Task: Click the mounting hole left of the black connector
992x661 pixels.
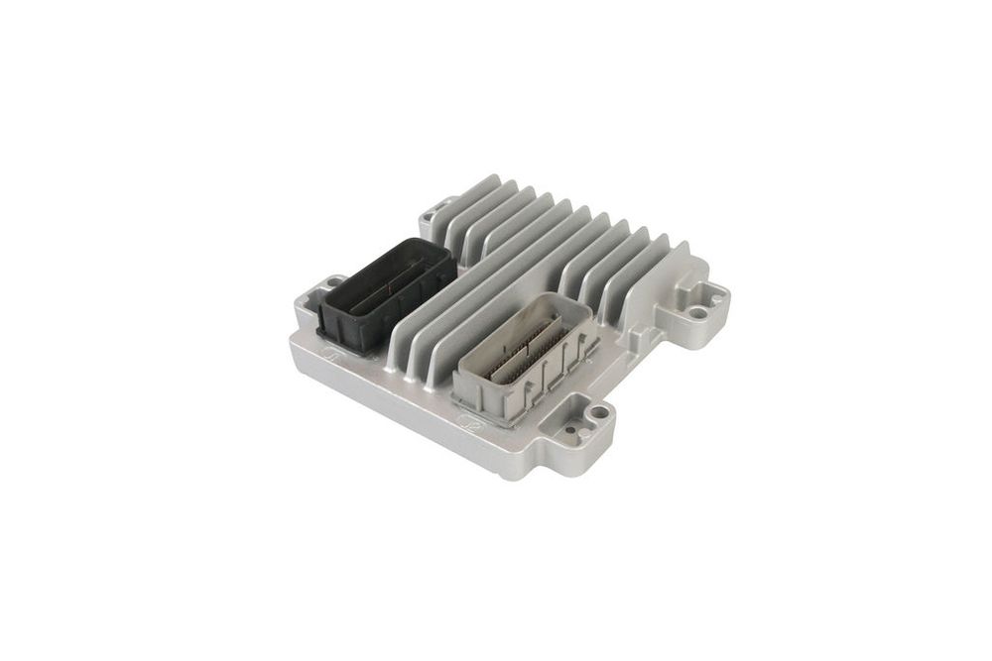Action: pyautogui.click(x=332, y=283)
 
